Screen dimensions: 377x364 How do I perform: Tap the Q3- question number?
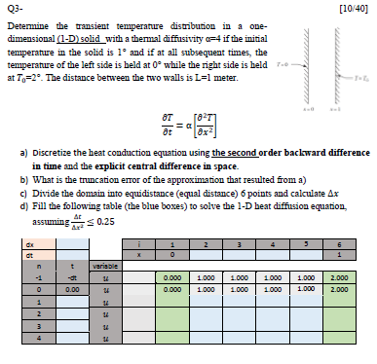[18, 9]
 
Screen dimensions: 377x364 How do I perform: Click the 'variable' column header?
[105, 266]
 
